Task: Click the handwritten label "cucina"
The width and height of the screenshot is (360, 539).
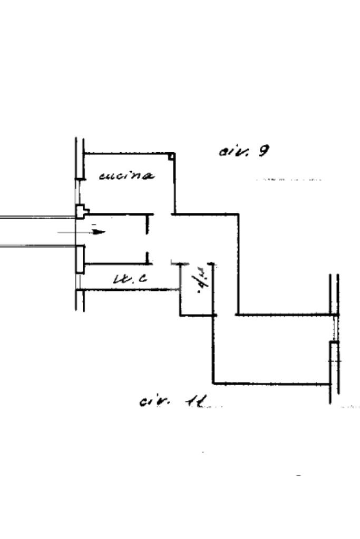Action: point(127,175)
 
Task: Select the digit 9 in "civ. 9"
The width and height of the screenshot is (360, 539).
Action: point(263,151)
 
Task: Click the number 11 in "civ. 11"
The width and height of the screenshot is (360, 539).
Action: point(196,402)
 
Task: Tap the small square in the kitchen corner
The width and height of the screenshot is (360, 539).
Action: point(171,156)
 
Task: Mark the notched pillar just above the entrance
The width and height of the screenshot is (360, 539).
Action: point(81,212)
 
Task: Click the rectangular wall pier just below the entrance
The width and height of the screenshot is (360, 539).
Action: point(80,259)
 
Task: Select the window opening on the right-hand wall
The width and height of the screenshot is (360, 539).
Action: point(334,329)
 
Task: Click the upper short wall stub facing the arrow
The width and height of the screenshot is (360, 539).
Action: point(148,223)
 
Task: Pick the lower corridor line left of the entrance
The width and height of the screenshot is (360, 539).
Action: point(37,246)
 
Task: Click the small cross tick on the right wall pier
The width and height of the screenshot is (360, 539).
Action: point(334,361)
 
